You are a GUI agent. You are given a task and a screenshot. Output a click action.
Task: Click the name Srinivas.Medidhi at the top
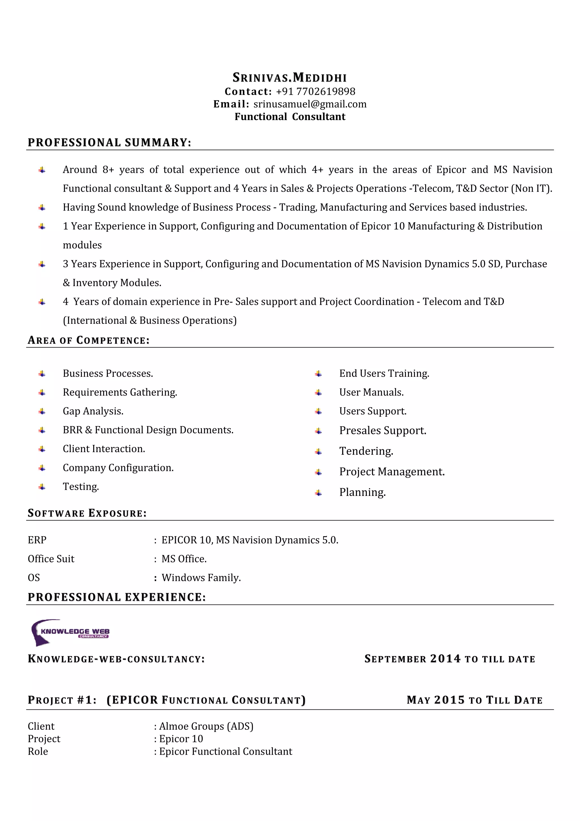(290, 78)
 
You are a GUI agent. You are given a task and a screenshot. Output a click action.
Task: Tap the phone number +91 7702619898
(315, 92)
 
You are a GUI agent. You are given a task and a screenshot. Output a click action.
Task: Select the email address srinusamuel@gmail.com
(310, 104)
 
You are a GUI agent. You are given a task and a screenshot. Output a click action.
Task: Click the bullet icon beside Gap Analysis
(42, 412)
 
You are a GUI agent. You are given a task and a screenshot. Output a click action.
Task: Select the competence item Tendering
(366, 451)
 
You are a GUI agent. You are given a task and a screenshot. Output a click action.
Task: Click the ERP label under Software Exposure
(37, 540)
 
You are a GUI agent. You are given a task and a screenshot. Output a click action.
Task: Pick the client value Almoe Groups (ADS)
(206, 726)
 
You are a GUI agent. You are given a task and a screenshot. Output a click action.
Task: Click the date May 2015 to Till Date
(474, 700)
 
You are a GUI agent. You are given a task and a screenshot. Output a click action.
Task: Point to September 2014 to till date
(449, 659)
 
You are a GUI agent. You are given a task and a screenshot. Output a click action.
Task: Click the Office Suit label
(51, 559)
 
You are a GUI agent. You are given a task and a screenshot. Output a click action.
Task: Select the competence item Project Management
(392, 472)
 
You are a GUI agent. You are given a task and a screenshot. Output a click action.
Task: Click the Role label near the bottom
(38, 751)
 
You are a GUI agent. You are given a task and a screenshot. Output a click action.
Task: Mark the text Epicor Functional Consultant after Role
(225, 751)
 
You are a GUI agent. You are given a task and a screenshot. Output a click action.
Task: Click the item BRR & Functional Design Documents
(148, 430)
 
